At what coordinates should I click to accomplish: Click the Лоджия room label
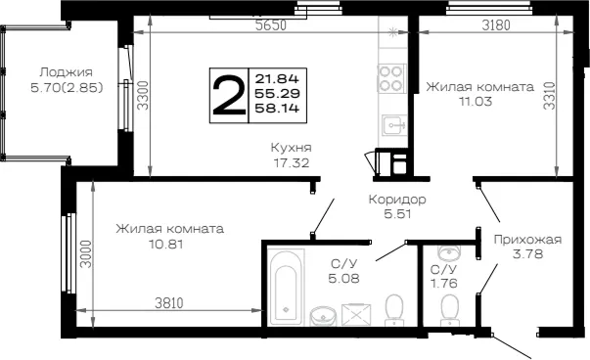66,71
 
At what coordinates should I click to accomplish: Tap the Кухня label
292,148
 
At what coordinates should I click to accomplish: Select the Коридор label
397,199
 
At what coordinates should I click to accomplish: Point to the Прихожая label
527,240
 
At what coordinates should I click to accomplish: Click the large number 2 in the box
229,95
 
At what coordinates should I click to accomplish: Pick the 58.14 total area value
277,109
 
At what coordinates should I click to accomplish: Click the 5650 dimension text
271,25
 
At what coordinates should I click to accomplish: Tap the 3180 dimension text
496,25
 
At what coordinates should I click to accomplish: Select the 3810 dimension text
169,303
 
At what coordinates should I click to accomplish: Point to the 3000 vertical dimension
86,254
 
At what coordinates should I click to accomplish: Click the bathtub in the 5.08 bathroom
286,287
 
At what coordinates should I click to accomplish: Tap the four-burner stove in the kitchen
391,78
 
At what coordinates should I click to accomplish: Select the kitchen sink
394,125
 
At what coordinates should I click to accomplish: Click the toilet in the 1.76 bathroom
449,309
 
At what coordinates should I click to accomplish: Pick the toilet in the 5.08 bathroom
394,309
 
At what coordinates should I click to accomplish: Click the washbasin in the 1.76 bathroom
449,252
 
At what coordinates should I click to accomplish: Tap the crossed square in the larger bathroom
356,314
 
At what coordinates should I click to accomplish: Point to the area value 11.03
476,102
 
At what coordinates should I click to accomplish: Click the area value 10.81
166,245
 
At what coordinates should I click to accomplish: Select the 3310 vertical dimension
549,96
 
